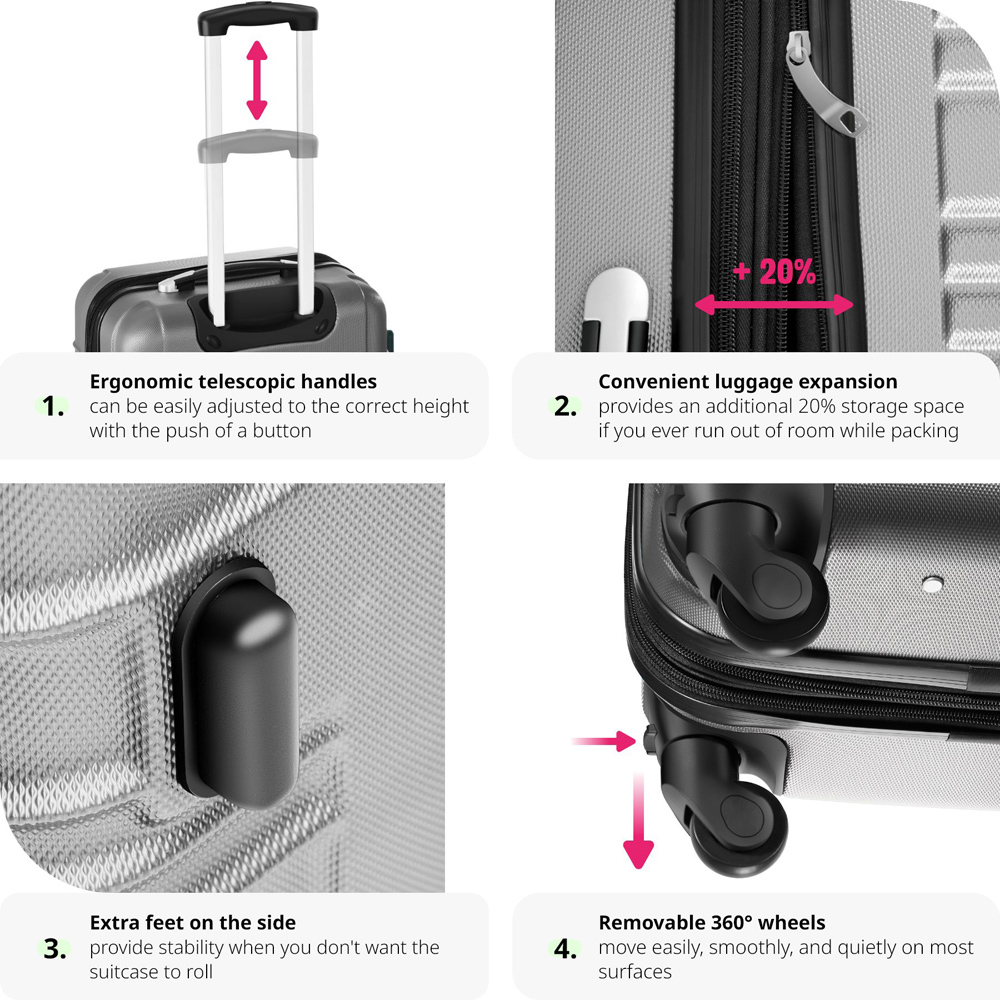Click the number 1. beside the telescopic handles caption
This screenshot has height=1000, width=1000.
(x=53, y=406)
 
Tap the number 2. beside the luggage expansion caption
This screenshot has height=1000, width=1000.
(x=565, y=406)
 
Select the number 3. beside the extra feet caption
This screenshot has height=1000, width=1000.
(x=55, y=948)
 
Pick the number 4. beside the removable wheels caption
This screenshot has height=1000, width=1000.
(x=565, y=948)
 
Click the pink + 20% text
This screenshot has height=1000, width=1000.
(x=774, y=272)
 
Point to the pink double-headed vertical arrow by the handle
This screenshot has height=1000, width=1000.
(x=256, y=80)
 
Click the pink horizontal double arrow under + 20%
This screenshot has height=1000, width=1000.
(x=774, y=304)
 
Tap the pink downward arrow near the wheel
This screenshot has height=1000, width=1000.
(x=638, y=821)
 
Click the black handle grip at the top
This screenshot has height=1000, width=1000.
(x=258, y=19)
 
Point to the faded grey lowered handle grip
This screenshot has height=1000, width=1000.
(x=258, y=144)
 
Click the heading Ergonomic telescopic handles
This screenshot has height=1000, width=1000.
(x=233, y=381)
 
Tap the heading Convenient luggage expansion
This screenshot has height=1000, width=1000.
(x=747, y=381)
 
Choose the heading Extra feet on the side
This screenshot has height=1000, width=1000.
(x=193, y=922)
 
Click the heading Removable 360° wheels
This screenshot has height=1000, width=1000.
(x=712, y=922)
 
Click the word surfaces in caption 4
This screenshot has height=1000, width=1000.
(x=635, y=972)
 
